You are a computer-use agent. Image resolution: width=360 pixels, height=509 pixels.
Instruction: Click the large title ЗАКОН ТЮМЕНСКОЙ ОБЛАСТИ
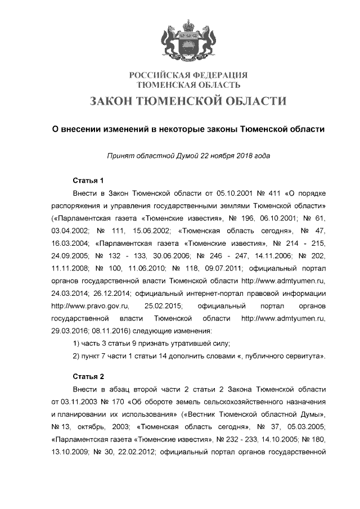(188, 101)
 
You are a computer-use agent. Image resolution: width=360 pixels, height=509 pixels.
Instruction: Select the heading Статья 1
(88, 181)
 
